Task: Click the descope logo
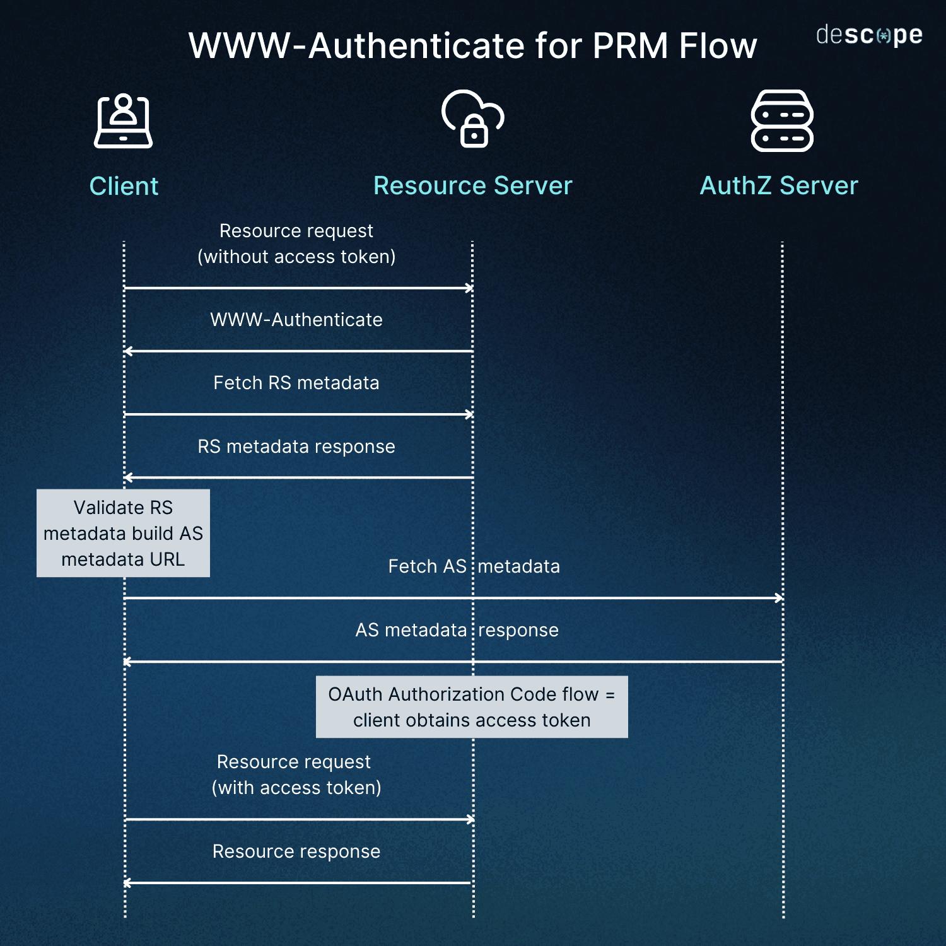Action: point(869,35)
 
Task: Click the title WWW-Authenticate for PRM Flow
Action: point(472,45)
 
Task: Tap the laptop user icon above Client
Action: point(123,121)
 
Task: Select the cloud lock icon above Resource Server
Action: point(473,119)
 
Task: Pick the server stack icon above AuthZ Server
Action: point(782,120)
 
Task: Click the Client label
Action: point(124,186)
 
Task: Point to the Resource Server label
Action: point(472,186)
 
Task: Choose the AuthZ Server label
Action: point(779,186)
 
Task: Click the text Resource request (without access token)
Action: point(296,243)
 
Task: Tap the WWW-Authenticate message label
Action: point(296,320)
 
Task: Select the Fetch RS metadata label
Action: point(296,383)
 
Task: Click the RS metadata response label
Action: point(296,447)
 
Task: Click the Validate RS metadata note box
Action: point(123,533)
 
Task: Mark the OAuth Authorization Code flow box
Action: point(472,707)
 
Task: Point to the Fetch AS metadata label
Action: point(474,566)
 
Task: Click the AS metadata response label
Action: point(457,630)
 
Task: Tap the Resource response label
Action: point(296,851)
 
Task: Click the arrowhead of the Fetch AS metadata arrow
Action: point(780,598)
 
